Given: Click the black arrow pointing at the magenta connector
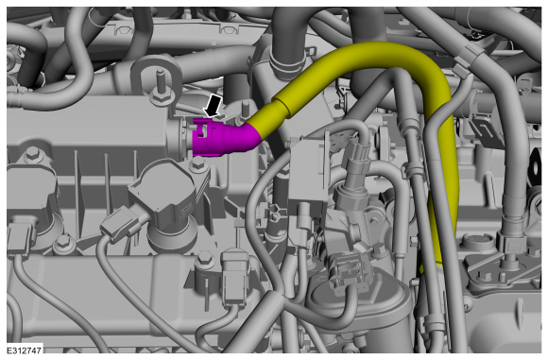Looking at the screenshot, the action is pyautogui.click(x=214, y=106).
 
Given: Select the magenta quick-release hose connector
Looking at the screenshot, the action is pyautogui.click(x=224, y=138).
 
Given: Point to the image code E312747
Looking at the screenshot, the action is pyautogui.click(x=25, y=351).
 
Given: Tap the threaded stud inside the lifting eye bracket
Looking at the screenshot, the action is pyautogui.click(x=161, y=83).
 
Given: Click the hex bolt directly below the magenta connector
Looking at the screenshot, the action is pyautogui.click(x=198, y=163).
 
